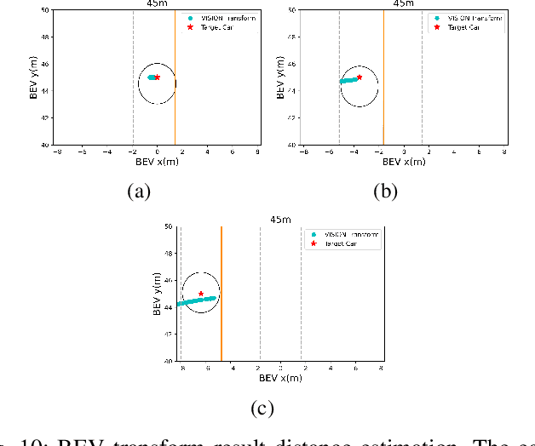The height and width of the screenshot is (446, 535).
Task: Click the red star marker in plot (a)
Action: [x=158, y=77]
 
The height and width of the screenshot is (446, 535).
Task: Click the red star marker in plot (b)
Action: [x=360, y=77]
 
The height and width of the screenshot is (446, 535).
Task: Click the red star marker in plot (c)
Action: [x=201, y=294]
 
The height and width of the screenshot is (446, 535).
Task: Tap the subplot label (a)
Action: [x=138, y=192]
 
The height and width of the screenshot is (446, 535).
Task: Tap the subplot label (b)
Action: [x=386, y=192]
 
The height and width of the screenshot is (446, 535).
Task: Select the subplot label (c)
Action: [x=263, y=409]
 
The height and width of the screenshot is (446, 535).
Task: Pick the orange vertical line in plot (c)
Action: [x=221, y=323]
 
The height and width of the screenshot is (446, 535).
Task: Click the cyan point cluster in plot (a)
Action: [x=151, y=77]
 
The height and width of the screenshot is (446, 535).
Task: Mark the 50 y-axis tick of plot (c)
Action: [x=167, y=227]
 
